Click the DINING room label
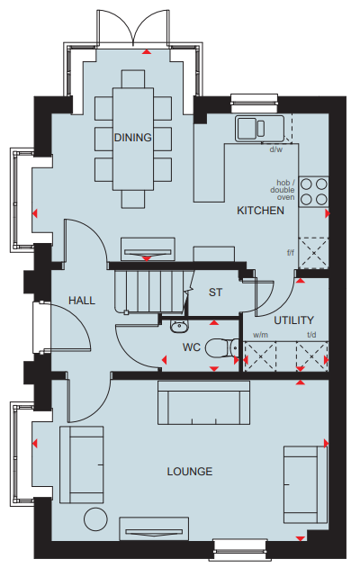(133, 138)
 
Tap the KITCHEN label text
(260, 211)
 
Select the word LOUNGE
(190, 472)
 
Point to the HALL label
(82, 301)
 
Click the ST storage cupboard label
(215, 293)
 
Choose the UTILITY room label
(293, 320)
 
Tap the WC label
(192, 347)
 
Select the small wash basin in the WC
(180, 326)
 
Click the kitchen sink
(259, 128)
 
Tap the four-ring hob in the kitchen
(313, 192)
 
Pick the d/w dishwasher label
(276, 149)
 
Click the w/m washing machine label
(261, 335)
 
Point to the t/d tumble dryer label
(311, 335)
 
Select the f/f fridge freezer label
(291, 253)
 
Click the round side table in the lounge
(95, 518)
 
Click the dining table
(133, 140)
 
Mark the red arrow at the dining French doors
(147, 52)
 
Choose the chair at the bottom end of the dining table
(133, 199)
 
